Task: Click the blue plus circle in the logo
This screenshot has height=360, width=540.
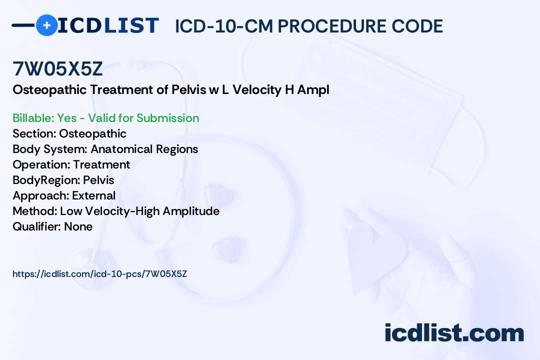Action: point(46,25)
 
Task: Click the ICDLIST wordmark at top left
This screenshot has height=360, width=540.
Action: point(108,25)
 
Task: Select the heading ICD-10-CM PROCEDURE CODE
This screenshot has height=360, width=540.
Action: point(308,26)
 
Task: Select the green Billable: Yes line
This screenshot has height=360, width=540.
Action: point(105,118)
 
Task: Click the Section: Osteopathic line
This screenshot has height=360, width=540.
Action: point(69,133)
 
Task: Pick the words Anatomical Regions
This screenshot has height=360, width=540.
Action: point(144,149)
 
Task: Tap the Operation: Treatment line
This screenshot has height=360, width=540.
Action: point(71,164)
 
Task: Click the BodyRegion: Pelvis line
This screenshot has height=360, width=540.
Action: point(63,180)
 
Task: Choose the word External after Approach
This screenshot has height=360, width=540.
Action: point(93,195)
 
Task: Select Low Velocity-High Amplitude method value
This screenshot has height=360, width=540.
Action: point(139,211)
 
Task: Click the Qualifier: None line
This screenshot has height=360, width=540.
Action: point(52,226)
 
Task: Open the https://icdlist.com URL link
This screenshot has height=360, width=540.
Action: point(99,273)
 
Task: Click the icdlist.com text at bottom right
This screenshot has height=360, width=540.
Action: point(454,332)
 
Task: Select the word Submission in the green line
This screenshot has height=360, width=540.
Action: point(167,118)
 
